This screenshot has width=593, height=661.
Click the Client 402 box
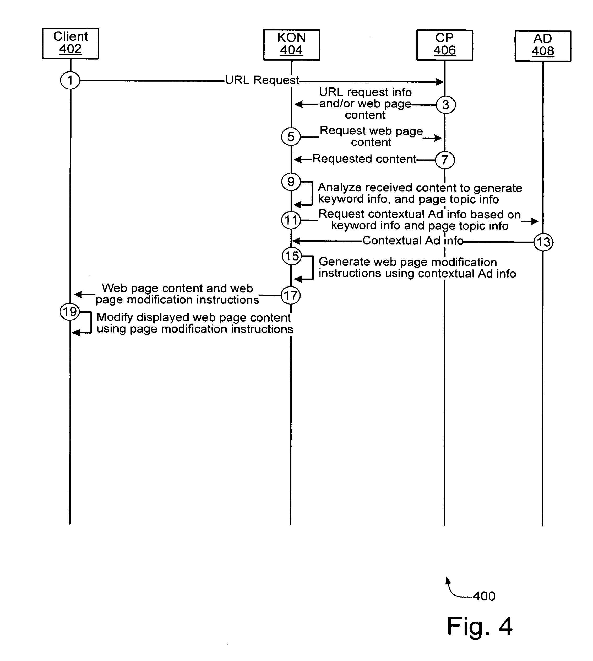point(70,44)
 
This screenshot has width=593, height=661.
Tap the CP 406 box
point(444,45)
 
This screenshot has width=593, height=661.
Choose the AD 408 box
point(543,46)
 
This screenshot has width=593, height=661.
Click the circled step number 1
point(70,80)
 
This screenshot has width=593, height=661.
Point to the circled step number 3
point(446,105)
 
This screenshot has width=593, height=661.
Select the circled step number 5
point(291,137)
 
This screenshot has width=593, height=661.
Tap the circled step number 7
point(445,160)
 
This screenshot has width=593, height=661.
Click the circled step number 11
point(291,220)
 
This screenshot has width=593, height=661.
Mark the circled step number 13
point(543,242)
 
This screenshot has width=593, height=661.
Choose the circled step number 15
point(292,256)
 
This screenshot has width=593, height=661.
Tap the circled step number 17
point(291,295)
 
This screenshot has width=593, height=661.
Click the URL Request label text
point(262,80)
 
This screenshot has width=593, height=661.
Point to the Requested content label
point(364,159)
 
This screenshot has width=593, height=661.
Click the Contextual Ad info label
point(413,241)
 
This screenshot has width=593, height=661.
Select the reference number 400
point(484,596)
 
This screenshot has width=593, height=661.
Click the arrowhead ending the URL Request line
point(440,82)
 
